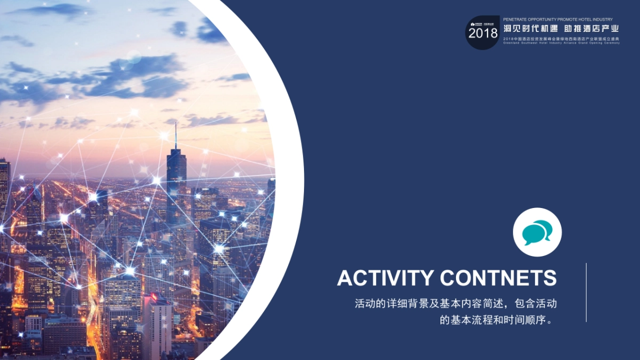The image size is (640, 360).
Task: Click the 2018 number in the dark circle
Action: tap(483, 34)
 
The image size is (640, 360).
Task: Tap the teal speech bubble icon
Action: tap(537, 232)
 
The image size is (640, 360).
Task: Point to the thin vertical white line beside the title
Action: tap(586, 292)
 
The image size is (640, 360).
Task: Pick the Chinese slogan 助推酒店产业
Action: tap(591, 29)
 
